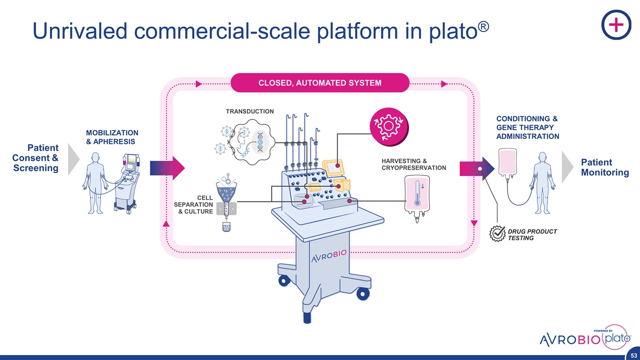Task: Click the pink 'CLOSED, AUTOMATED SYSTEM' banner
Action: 319,83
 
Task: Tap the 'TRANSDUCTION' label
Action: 249,111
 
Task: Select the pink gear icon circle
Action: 388,123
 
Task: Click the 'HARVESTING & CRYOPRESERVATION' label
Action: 413,164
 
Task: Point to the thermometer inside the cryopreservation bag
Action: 417,194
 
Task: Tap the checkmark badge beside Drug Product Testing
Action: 497,234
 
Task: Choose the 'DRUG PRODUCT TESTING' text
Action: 532,234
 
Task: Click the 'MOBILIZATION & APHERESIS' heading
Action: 112,137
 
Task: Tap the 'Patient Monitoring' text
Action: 604,167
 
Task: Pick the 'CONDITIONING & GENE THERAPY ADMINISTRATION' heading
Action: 527,127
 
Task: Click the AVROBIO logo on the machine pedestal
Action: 328,257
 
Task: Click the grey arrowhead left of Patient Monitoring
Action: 568,166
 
